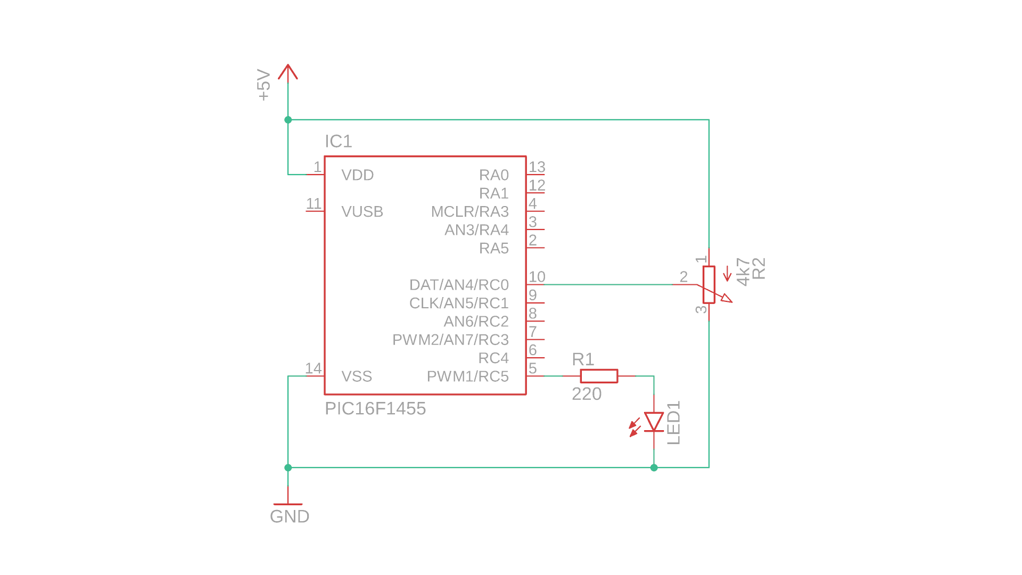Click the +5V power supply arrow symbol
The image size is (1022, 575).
288,72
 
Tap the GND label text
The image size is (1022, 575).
290,516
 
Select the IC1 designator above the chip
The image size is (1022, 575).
339,142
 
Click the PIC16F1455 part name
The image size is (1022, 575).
375,409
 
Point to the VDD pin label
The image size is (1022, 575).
358,175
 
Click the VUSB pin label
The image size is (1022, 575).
362,212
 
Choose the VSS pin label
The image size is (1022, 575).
357,376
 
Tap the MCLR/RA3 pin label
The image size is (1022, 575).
469,212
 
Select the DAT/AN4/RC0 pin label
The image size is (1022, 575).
459,285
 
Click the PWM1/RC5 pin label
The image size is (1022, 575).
467,376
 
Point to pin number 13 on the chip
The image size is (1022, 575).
537,167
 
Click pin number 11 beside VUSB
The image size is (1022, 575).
314,204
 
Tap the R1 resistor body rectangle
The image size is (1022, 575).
599,376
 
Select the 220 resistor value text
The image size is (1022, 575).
587,394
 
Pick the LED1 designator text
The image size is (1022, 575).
674,423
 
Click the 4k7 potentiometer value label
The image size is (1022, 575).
743,272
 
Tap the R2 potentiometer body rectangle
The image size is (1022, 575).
708,285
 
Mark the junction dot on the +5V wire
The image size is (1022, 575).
288,120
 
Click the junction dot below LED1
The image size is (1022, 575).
654,467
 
